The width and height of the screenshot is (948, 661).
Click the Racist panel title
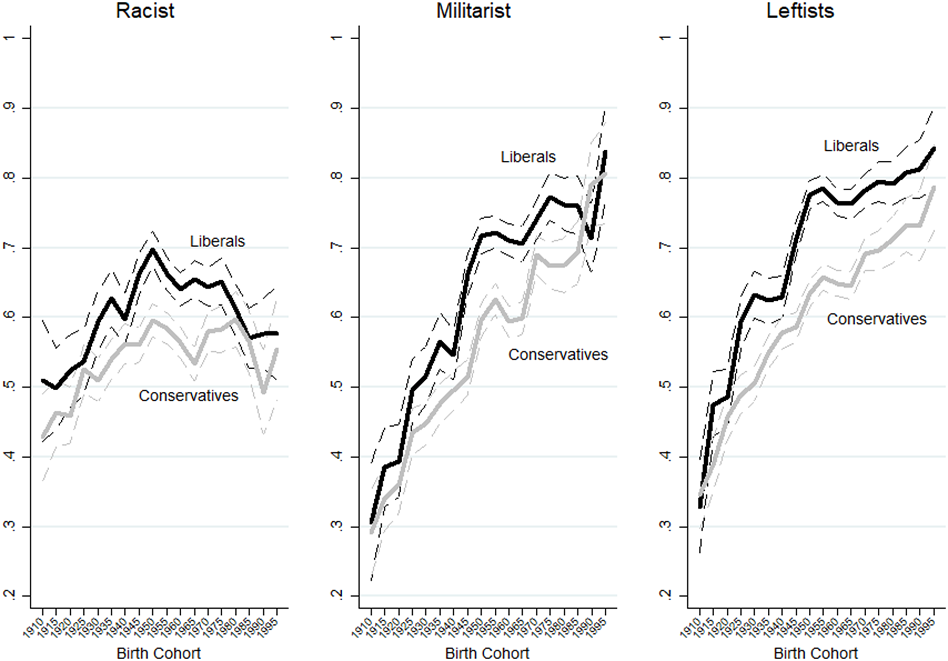145,11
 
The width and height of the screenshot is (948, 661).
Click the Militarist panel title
473,11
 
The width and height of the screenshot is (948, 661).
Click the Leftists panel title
800,11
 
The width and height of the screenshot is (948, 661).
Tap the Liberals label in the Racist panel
217,241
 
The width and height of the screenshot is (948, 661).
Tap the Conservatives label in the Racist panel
188,396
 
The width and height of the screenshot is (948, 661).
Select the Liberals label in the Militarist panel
528,157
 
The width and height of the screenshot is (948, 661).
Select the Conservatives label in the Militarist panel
558,354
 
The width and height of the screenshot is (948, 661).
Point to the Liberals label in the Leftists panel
851,145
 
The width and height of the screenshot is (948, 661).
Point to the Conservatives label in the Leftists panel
876,319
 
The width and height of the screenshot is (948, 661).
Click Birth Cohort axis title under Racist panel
159,653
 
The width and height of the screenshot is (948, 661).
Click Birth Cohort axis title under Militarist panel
487,653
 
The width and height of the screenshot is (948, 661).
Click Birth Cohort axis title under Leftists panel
816,653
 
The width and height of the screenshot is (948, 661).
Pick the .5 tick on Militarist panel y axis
338,386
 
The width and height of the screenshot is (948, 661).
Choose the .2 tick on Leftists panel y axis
665,595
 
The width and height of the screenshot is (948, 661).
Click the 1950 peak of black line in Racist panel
153,250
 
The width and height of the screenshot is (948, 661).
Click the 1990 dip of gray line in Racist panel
263,392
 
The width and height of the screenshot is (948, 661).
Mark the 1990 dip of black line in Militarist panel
592,238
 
